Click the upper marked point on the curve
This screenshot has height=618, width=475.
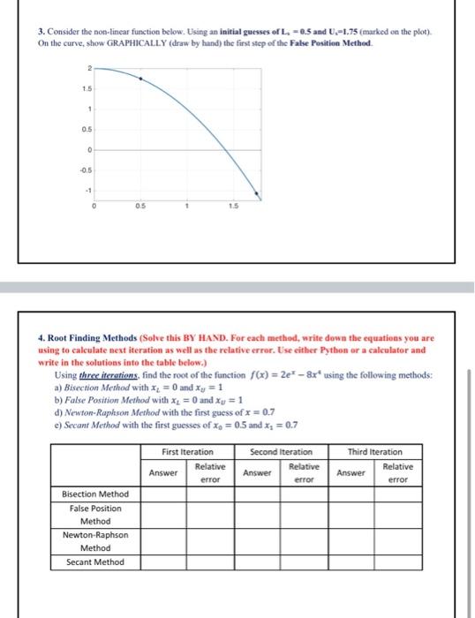pyautogui.click(x=140, y=79)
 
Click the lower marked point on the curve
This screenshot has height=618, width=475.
pyautogui.click(x=257, y=194)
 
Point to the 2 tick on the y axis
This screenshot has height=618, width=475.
pyautogui.click(x=87, y=68)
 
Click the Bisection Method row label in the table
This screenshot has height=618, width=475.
pyautogui.click(x=95, y=494)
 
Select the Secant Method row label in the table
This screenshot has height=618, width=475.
pyautogui.click(x=95, y=562)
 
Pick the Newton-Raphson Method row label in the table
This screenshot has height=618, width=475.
pyautogui.click(x=95, y=541)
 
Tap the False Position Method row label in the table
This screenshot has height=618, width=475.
pyautogui.click(x=95, y=515)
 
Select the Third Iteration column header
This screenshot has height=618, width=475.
pyautogui.click(x=376, y=451)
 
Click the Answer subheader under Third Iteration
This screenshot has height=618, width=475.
pyautogui.click(x=351, y=472)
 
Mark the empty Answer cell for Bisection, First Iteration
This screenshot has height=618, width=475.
pyautogui.click(x=162, y=494)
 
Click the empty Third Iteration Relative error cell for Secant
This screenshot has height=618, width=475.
pyautogui.click(x=398, y=562)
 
